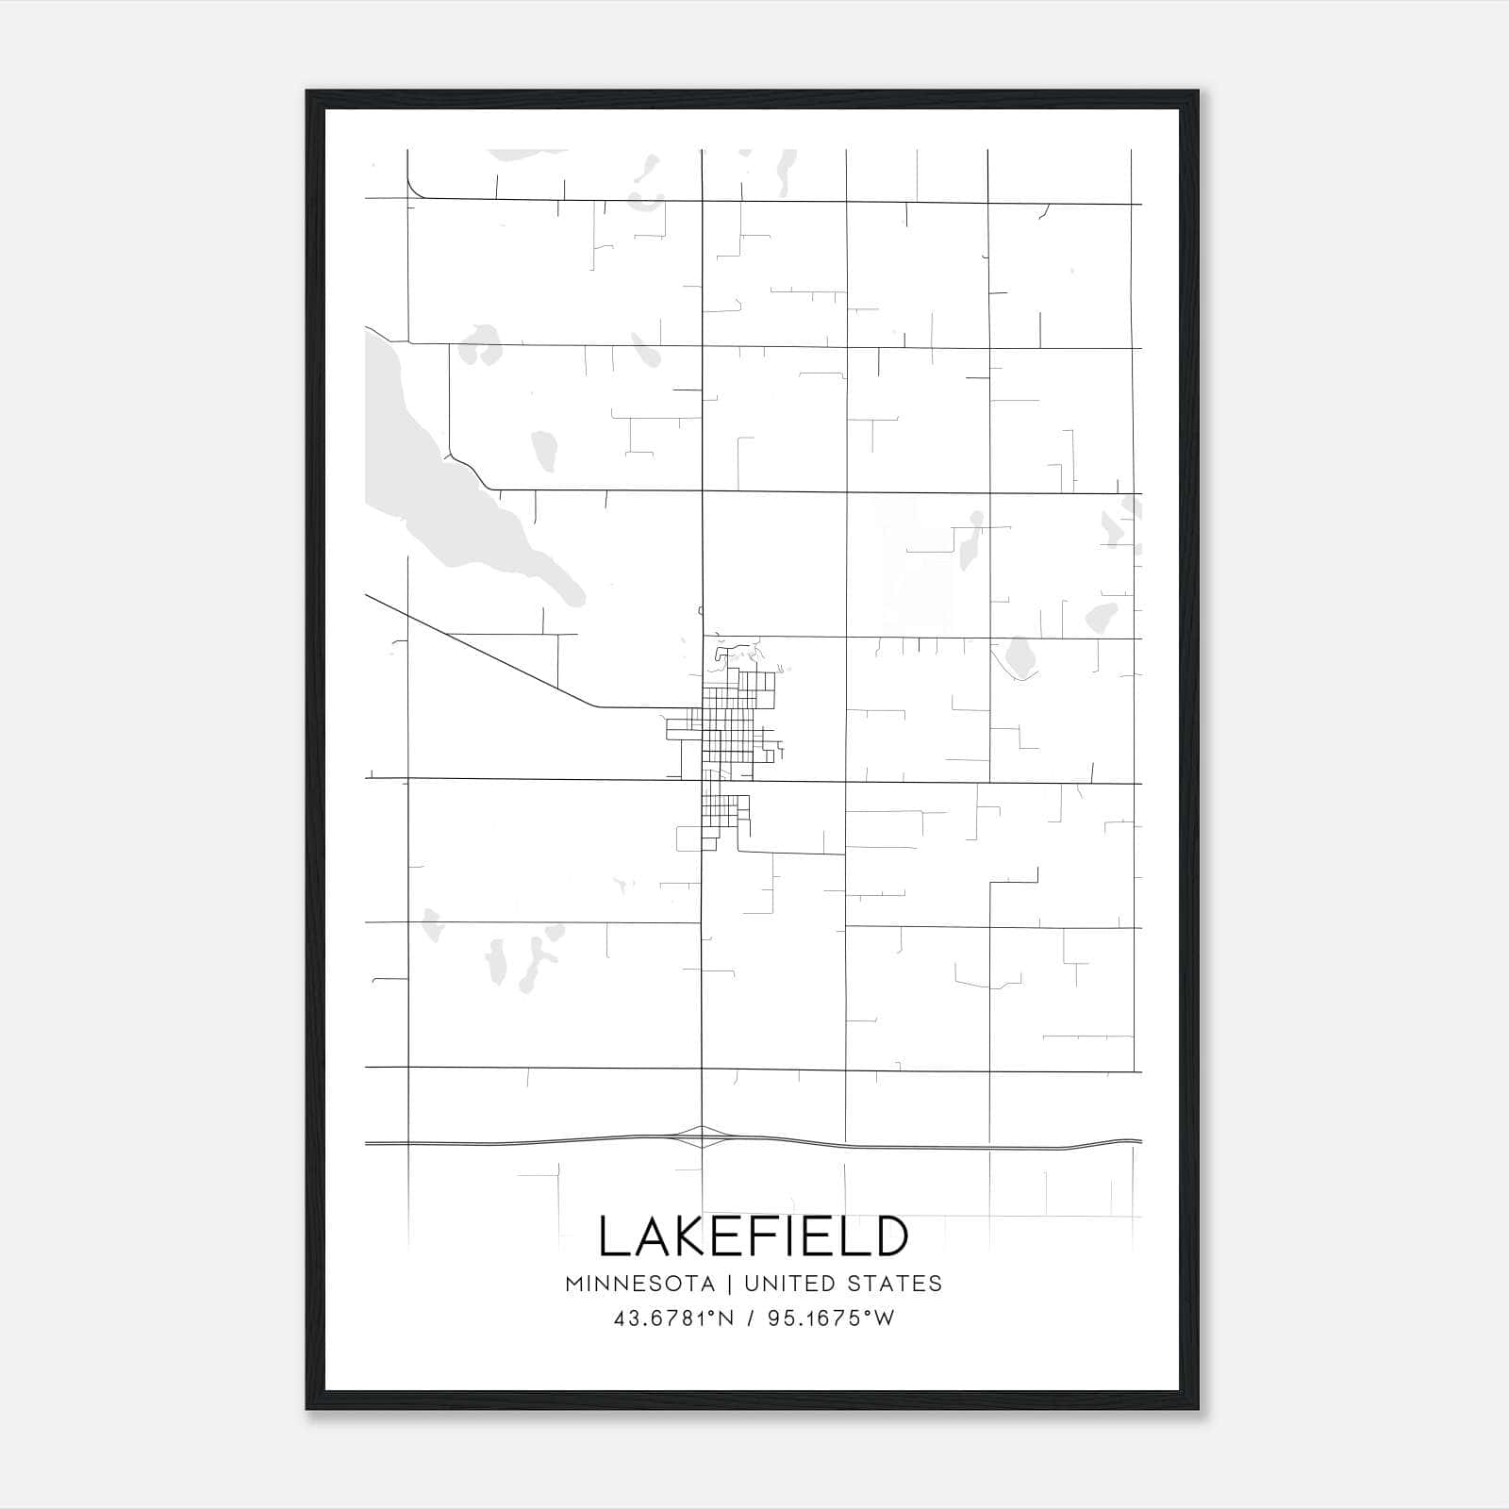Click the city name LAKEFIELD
pyautogui.click(x=754, y=1236)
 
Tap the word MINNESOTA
pyautogui.click(x=639, y=1284)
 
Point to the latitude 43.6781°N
pyautogui.click(x=673, y=1318)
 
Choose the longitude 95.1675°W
pyautogui.click(x=831, y=1318)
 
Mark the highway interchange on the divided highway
pyautogui.click(x=703, y=1136)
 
